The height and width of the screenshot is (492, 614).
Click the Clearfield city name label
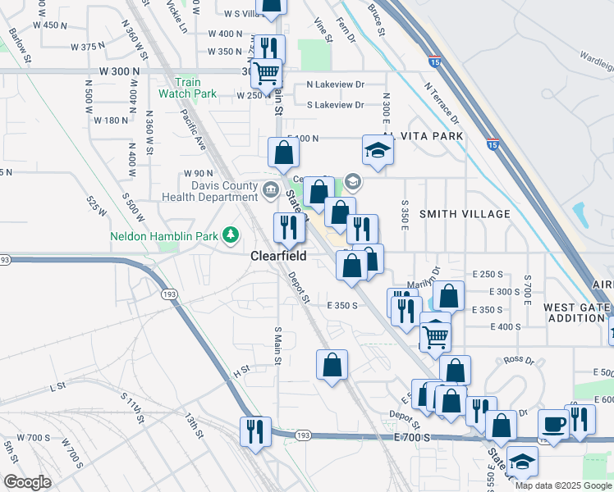[278, 256]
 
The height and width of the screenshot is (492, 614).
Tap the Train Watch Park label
[187, 88]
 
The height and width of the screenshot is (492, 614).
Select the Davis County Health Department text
[213, 191]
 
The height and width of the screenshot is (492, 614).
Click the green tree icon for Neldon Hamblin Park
[231, 236]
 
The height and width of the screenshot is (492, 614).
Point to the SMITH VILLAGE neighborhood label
[465, 214]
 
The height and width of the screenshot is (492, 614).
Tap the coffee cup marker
[553, 425]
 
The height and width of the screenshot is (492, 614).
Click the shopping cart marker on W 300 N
[266, 72]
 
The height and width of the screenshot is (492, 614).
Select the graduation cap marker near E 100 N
[376, 151]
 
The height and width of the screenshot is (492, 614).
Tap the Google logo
[27, 482]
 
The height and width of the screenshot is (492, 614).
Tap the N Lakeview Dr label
[335, 84]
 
